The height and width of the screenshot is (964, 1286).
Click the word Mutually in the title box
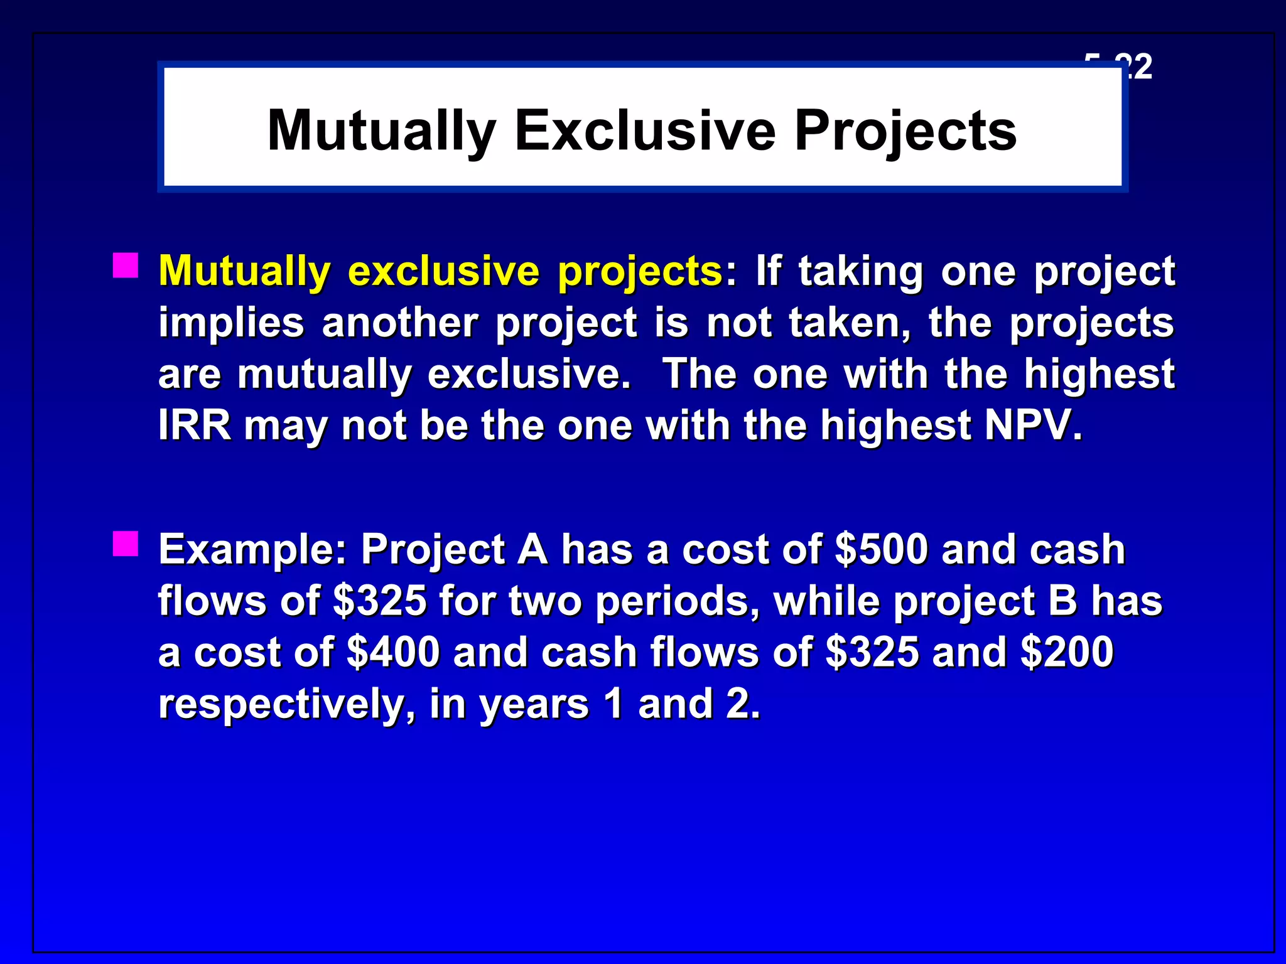coord(381,131)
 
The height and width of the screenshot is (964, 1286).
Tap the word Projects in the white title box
coord(905,131)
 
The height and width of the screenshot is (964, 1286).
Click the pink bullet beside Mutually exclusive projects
coord(126,265)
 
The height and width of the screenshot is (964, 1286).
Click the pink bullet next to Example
coord(126,544)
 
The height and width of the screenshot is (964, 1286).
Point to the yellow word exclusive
coord(443,271)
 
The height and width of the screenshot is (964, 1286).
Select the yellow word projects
coord(639,272)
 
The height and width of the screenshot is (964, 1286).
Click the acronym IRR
coord(195,426)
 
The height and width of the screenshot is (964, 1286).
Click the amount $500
coord(882,549)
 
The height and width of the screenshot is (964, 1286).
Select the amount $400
coord(393,652)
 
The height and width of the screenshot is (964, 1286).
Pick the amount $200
coord(1067,652)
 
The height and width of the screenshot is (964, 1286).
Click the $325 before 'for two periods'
coord(380,601)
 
